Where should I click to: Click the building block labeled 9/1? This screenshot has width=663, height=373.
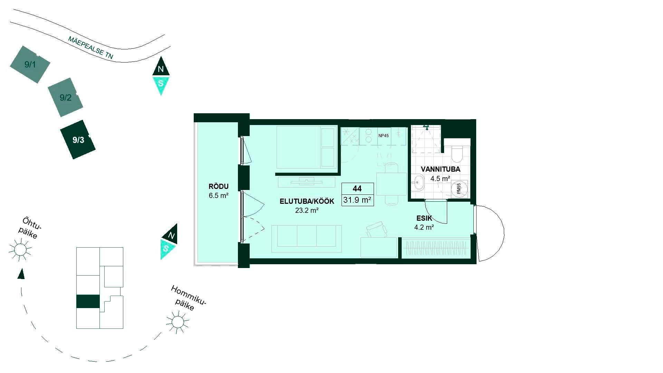(x=30, y=64)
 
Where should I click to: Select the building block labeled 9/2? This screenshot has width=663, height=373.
(x=65, y=97)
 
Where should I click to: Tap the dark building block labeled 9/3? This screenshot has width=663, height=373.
(x=78, y=140)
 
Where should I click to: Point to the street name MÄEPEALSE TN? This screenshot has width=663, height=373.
(x=91, y=47)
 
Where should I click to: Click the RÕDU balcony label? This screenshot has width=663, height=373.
(x=219, y=186)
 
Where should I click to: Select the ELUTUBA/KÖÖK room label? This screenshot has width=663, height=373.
(x=307, y=201)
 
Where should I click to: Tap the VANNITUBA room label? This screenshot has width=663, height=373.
(x=440, y=169)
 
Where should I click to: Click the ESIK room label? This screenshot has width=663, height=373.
(x=424, y=218)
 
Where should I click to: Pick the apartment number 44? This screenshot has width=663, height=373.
(x=357, y=189)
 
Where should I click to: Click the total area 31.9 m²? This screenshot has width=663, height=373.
(x=357, y=200)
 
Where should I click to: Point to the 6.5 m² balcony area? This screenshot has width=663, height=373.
(x=219, y=195)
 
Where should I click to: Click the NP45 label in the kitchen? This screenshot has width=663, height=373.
(x=383, y=136)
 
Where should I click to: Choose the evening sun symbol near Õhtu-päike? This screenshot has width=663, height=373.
(x=20, y=249)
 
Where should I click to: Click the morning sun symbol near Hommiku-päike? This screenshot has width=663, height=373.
(x=177, y=322)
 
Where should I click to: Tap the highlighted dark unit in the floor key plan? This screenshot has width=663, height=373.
(x=88, y=302)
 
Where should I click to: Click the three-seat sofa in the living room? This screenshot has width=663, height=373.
(x=307, y=239)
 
